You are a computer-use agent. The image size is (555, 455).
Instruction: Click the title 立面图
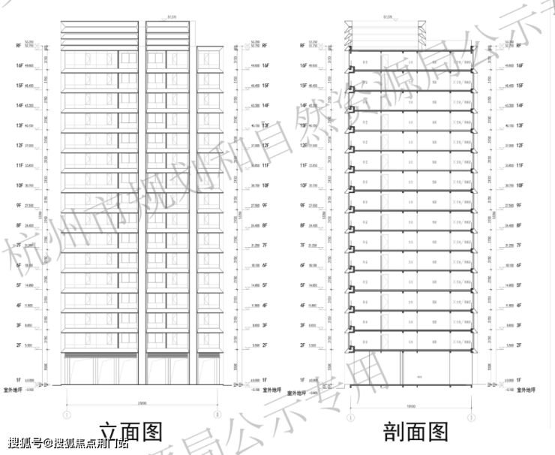pos(131,431)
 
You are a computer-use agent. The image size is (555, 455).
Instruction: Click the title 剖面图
pos(415,431)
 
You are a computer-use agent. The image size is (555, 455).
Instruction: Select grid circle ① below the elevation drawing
pos(67,414)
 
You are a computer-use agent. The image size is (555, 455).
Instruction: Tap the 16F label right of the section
pos(519,66)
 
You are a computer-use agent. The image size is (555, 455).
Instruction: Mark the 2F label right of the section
pos(520,345)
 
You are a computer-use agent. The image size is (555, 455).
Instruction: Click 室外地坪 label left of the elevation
pos(15,390)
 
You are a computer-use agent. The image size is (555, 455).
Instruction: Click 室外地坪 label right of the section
pos(525,390)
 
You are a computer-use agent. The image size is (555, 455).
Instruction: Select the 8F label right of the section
pos(520,225)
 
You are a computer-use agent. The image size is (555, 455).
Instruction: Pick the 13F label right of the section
pos(519,125)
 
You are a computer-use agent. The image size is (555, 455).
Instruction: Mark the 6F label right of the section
pos(520,265)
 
